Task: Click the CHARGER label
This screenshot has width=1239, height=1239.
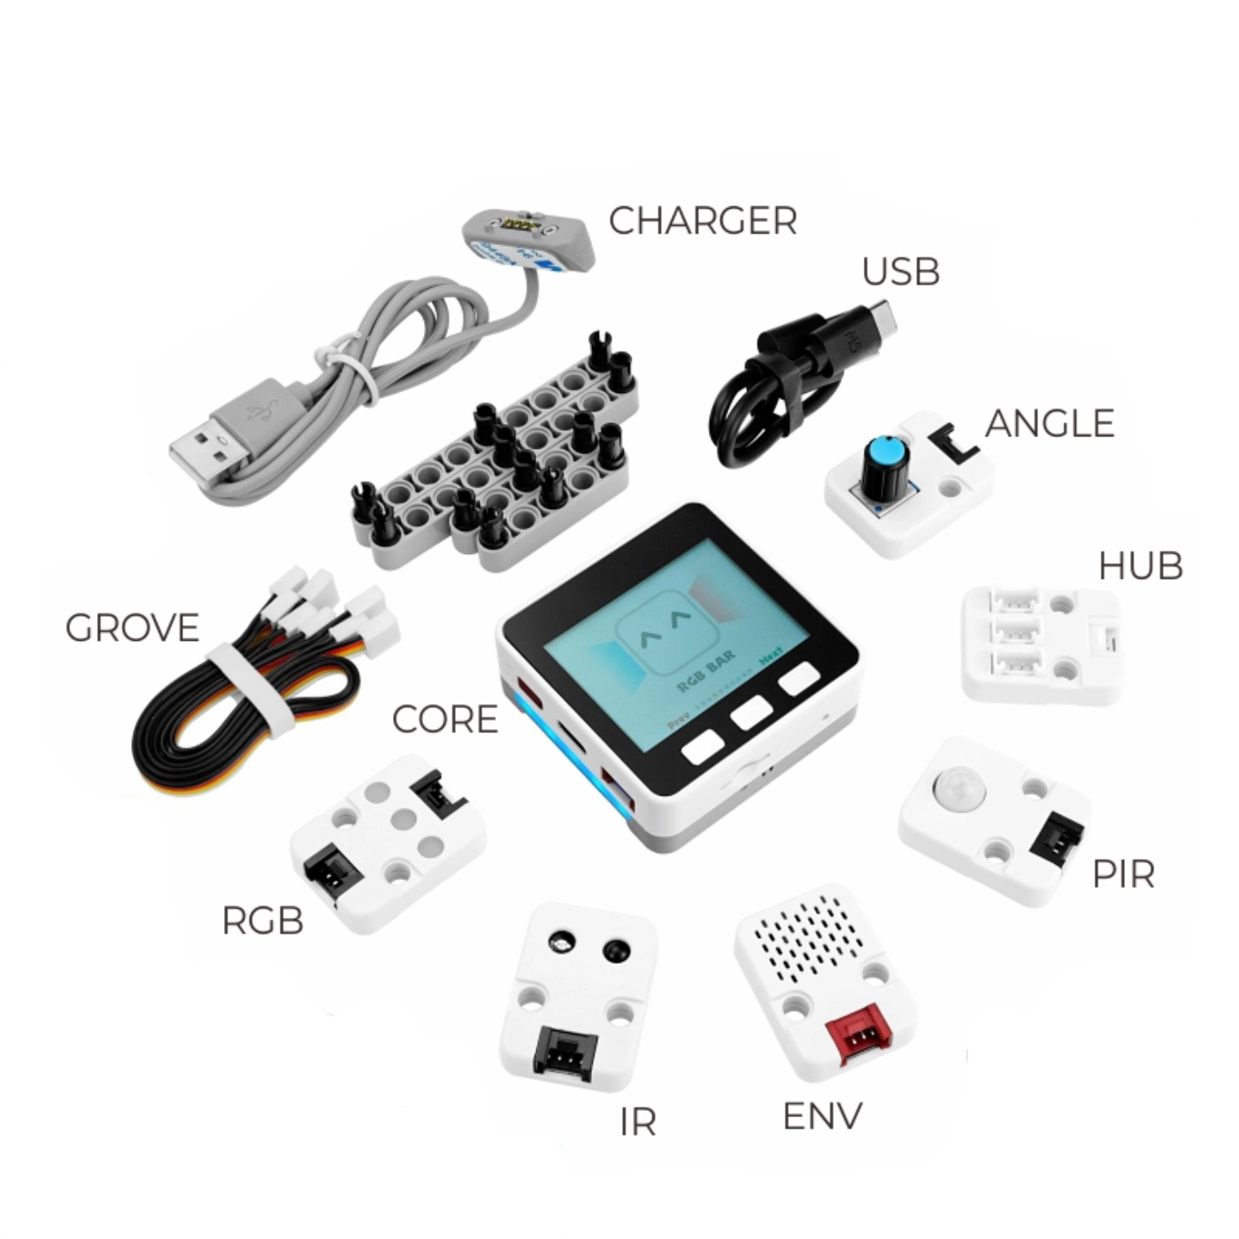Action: pyautogui.click(x=703, y=221)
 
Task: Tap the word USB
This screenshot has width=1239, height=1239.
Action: pyautogui.click(x=900, y=272)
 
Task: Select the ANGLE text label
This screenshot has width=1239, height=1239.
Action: pyautogui.click(x=1049, y=424)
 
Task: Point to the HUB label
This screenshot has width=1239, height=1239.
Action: pyautogui.click(x=1140, y=566)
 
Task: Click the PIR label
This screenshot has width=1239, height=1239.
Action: pyautogui.click(x=1123, y=874)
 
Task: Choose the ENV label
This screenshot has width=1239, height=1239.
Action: pyautogui.click(x=822, y=1117)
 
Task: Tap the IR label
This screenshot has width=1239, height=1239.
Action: pyautogui.click(x=638, y=1122)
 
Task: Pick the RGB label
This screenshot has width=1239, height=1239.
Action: pyautogui.click(x=262, y=921)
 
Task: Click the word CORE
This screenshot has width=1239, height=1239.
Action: pyautogui.click(x=444, y=720)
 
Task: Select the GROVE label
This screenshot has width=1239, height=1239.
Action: pyautogui.click(x=133, y=628)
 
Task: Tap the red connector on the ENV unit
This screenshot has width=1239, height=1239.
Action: pyautogui.click(x=855, y=1036)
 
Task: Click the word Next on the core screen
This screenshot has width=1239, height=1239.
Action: pyautogui.click(x=771, y=657)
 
